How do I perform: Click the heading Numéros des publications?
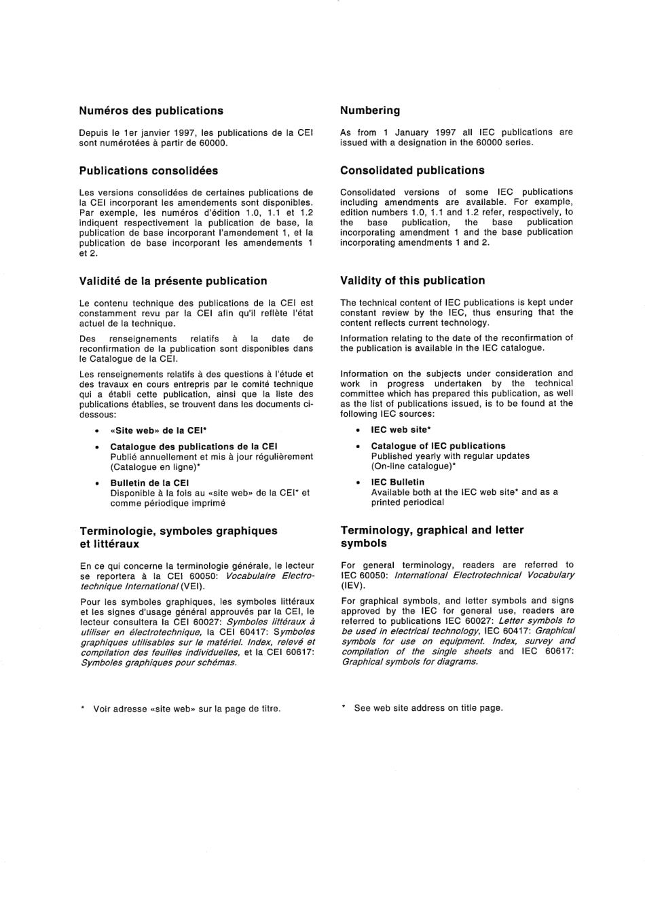pos(151,111)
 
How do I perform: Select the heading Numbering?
pos(370,110)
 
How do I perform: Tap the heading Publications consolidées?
pos(148,170)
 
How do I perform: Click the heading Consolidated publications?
pos(412,170)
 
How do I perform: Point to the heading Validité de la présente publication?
pos(172,281)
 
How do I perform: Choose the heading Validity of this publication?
pos(412,280)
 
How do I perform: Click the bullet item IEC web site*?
pos(401,430)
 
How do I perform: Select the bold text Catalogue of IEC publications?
pos(438,446)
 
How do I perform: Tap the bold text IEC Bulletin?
pos(397,482)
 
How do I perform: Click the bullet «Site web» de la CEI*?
pos(158,430)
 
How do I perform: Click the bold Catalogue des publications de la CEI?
pos(193,447)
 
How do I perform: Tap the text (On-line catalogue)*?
pos(413,466)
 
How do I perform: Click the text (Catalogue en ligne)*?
pos(155,467)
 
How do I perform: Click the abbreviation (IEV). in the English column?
pos(353,585)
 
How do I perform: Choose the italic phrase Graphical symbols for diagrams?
pos(409,661)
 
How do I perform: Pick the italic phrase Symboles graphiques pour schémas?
pos(158,663)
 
